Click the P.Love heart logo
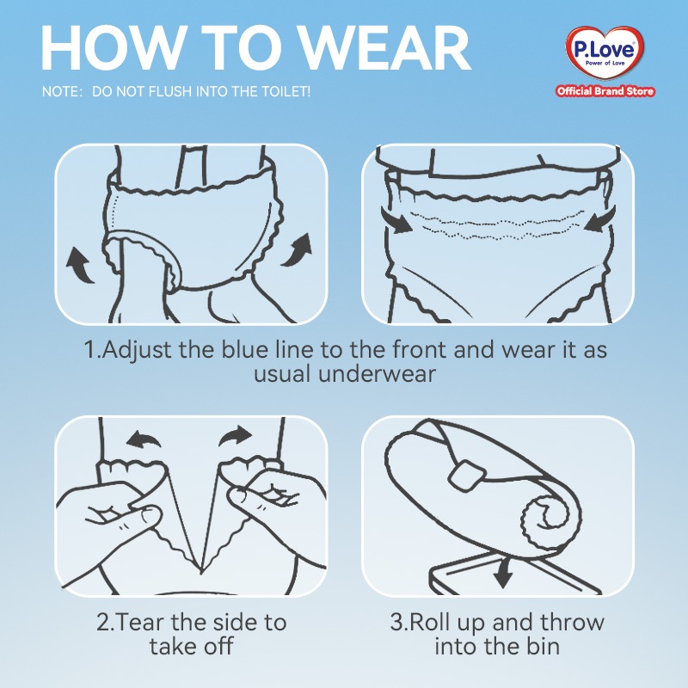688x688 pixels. (x=605, y=52)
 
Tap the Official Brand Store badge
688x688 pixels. (x=605, y=91)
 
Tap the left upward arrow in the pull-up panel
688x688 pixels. (x=79, y=265)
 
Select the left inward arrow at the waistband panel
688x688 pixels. (x=396, y=220)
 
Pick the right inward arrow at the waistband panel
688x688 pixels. (x=600, y=219)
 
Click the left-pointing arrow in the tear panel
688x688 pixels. (x=143, y=439)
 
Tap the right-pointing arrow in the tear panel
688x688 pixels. (x=236, y=436)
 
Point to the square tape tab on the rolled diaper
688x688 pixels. (x=467, y=475)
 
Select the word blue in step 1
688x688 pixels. (x=244, y=350)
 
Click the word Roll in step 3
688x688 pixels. (x=427, y=622)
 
